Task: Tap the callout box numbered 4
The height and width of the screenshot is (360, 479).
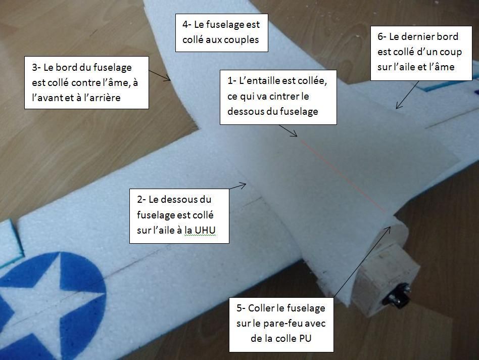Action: [x=221, y=32]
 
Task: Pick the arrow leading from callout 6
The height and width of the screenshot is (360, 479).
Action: [x=406, y=96]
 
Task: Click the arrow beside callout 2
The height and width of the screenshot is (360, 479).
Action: [x=238, y=186]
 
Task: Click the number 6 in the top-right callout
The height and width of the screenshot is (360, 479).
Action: [x=380, y=36]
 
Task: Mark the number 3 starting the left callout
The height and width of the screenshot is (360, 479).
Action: [x=34, y=67]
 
